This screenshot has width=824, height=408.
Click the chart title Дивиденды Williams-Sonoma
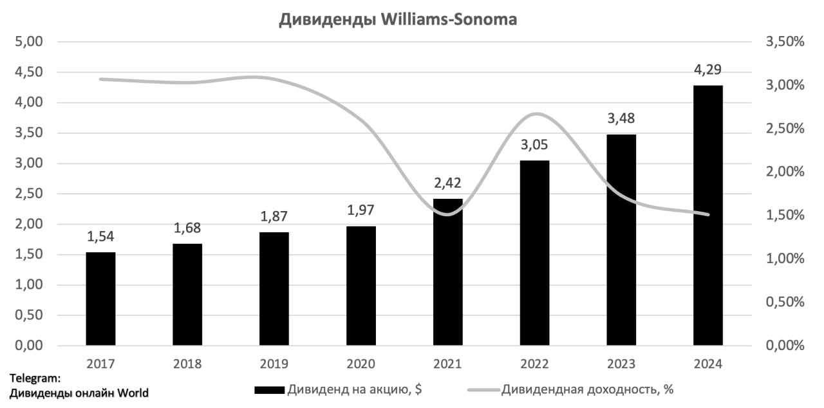click(398, 20)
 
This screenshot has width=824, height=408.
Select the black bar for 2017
click(100, 299)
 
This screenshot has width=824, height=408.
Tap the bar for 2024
click(708, 216)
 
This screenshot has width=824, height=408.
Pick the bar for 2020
click(360, 286)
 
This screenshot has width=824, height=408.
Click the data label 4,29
click(708, 70)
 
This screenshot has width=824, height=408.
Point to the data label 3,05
click(535, 145)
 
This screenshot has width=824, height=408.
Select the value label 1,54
click(100, 237)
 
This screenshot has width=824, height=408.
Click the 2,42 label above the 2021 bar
click(448, 184)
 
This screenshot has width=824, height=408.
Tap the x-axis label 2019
click(274, 364)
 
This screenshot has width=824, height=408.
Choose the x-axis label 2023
click(621, 364)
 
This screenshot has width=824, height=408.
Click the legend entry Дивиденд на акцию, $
click(354, 389)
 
